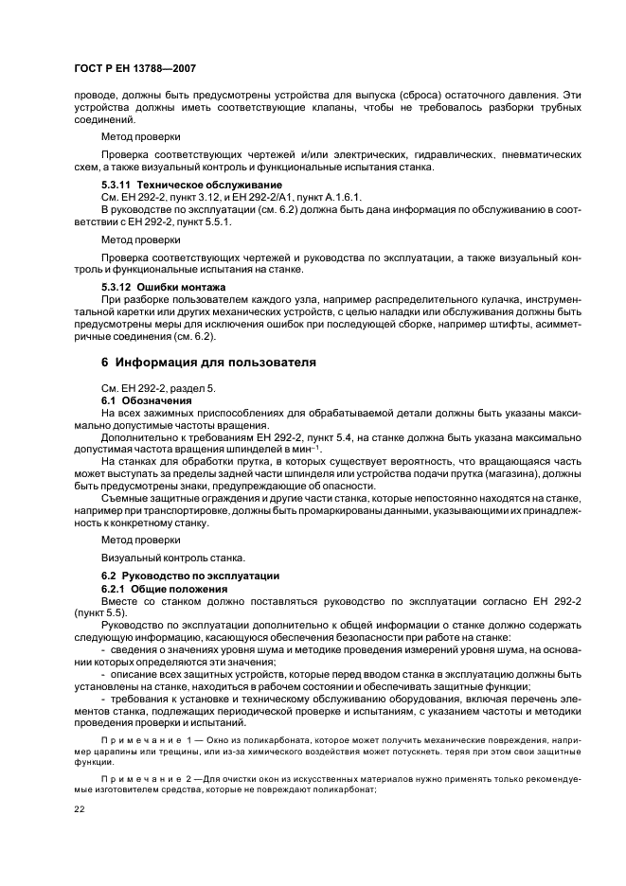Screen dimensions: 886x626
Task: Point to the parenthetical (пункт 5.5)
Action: pyautogui.click(x=102, y=612)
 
